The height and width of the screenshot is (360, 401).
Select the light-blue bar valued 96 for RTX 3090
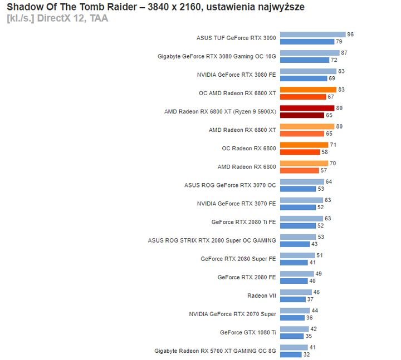tap(312, 34)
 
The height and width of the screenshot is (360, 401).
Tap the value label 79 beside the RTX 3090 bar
tap(339, 42)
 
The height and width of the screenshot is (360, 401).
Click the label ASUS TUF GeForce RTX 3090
tap(236, 38)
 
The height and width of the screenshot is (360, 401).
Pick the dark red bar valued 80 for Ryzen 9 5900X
tap(307, 108)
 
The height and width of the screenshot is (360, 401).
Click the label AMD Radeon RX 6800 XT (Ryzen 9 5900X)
tap(220, 112)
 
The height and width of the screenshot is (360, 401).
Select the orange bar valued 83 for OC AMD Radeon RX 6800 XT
tap(308, 90)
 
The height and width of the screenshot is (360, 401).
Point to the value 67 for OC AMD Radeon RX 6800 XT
tap(330, 97)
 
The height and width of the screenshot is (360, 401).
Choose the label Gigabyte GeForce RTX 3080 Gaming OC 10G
tap(217, 57)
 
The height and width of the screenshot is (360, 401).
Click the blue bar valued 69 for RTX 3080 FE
tap(304, 78)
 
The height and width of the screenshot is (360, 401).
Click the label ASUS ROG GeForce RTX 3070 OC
tap(230, 185)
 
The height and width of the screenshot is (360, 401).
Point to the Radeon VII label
tap(261, 295)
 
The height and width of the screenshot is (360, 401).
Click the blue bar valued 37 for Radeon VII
tap(293, 299)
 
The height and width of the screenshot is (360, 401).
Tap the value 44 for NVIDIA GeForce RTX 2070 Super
tap(315, 310)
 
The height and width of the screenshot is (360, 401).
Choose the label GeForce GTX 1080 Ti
tap(248, 332)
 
